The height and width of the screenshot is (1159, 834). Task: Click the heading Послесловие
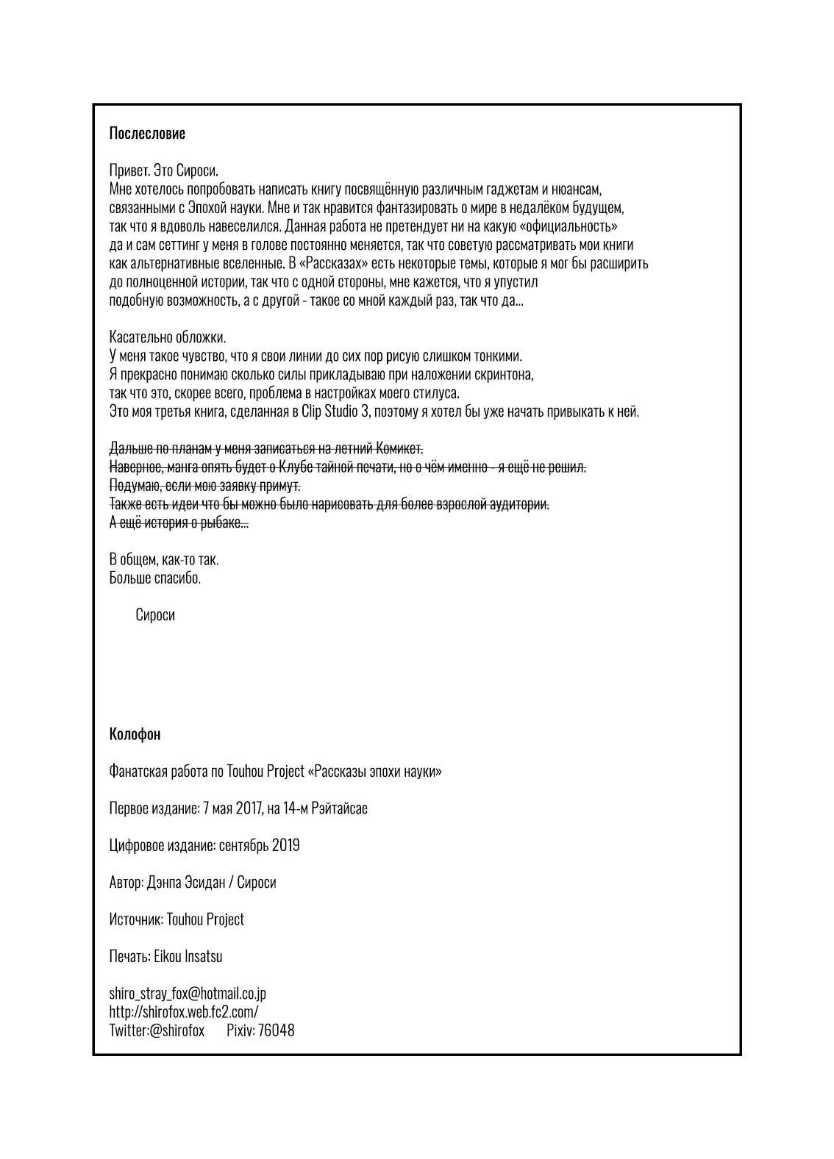147,134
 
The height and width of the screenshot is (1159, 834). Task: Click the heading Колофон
135,734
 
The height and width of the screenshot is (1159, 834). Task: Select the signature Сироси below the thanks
155,615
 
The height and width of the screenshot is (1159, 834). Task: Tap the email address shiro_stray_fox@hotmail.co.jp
188,994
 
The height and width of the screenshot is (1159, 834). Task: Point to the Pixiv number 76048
277,1030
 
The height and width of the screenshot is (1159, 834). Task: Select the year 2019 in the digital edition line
285,845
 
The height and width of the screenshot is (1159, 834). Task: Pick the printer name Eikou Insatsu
188,956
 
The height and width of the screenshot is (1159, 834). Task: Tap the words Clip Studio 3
335,411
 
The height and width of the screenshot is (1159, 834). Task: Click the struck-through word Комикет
399,448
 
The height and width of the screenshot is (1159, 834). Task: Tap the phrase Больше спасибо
154,578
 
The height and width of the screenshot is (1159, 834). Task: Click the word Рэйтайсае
340,808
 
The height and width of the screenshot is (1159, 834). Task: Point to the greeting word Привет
129,171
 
